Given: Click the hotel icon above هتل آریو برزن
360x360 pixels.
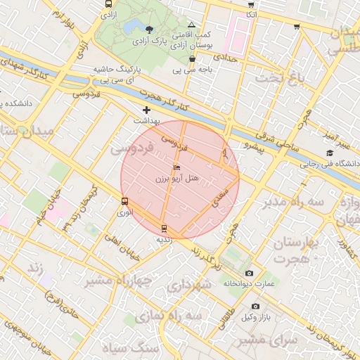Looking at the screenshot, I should [176, 168].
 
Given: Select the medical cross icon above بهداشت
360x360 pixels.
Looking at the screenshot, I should [146, 110].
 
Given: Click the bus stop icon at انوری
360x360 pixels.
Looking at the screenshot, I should [124, 201].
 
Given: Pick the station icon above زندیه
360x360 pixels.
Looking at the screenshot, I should [164, 229].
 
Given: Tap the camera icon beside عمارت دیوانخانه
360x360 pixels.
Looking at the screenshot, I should [249, 273].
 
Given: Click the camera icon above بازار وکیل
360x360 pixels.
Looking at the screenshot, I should [255, 307].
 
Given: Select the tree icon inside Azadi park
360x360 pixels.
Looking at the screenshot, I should [148, 29].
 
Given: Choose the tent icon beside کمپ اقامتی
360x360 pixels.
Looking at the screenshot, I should [191, 25].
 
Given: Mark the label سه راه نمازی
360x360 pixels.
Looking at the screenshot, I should [180, 317].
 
